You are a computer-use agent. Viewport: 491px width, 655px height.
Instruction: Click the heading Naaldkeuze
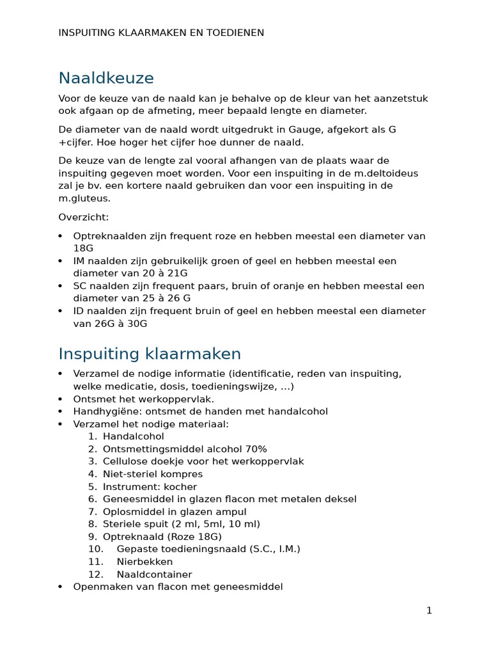coord(106,79)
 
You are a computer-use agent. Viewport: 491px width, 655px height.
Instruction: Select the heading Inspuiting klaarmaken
coord(150,354)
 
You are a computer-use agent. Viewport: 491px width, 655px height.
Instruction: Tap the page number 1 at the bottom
coord(429,611)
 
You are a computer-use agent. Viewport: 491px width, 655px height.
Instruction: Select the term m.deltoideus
coord(387,173)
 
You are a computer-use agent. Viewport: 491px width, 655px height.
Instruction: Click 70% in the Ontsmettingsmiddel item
coord(254,449)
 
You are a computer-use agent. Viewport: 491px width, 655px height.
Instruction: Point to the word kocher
coord(176,487)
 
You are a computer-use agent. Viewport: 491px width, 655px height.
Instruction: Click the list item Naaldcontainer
coord(154,574)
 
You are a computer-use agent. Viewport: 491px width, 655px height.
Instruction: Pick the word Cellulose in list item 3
coord(125,461)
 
